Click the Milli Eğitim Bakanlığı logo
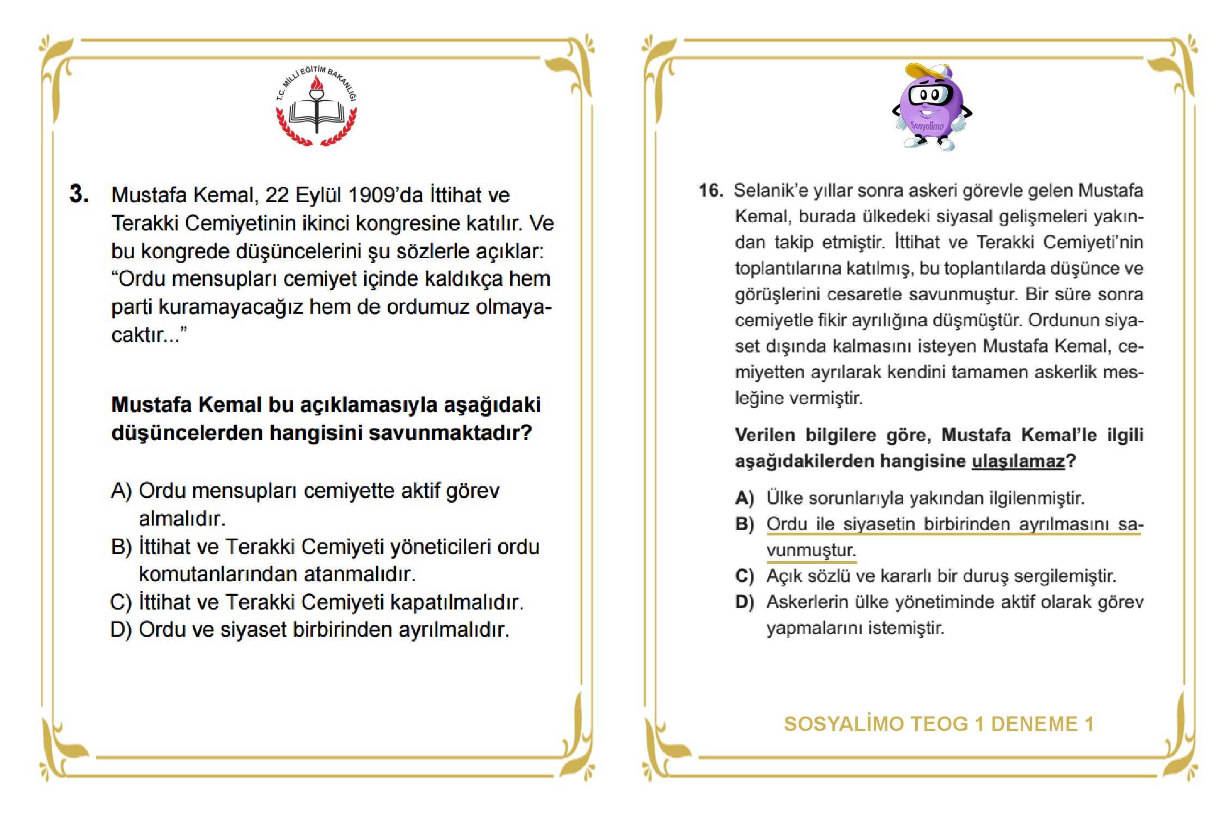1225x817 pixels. click(x=316, y=107)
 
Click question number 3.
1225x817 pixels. click(x=79, y=194)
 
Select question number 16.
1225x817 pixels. click(x=710, y=191)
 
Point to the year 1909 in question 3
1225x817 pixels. click(x=372, y=195)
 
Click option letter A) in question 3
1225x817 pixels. click(x=121, y=491)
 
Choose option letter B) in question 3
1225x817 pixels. click(x=121, y=547)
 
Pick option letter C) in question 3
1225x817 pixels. click(x=121, y=602)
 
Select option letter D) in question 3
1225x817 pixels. click(x=121, y=630)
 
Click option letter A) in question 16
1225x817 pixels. click(x=744, y=498)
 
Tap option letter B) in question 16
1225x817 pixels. click(x=744, y=524)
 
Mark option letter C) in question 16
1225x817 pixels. click(x=744, y=576)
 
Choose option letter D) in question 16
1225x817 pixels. click(x=744, y=602)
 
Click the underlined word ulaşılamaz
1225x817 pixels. click(x=1018, y=461)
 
